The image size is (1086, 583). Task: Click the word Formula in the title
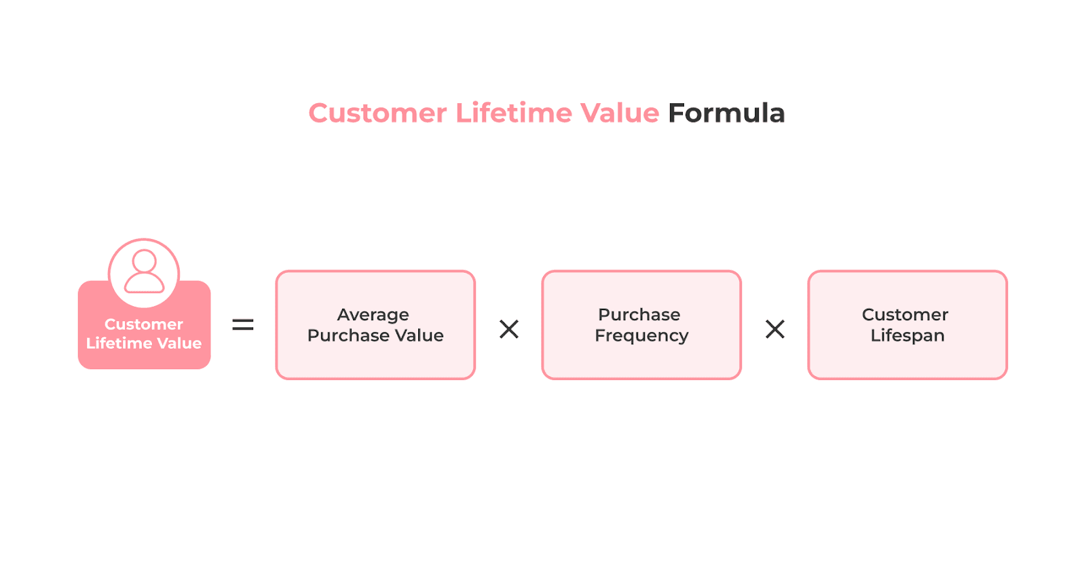click(726, 113)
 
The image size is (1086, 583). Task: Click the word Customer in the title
click(377, 113)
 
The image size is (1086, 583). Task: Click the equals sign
click(243, 325)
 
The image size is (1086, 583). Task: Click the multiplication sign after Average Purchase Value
click(509, 329)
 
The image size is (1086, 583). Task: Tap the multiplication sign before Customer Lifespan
click(775, 329)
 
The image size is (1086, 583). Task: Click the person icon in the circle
click(144, 271)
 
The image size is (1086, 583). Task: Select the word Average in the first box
click(373, 315)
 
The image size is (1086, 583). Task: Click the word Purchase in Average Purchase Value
click(345, 336)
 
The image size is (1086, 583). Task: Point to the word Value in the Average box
click(419, 336)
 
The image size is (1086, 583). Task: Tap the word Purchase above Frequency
click(639, 315)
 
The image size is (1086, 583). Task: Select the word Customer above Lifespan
click(905, 315)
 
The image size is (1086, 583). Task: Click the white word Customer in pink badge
click(144, 324)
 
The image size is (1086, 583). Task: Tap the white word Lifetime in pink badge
click(114, 343)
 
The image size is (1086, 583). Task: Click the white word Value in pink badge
click(179, 343)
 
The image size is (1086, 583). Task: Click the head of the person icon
click(144, 261)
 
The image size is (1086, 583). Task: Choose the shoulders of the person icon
click(144, 284)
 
